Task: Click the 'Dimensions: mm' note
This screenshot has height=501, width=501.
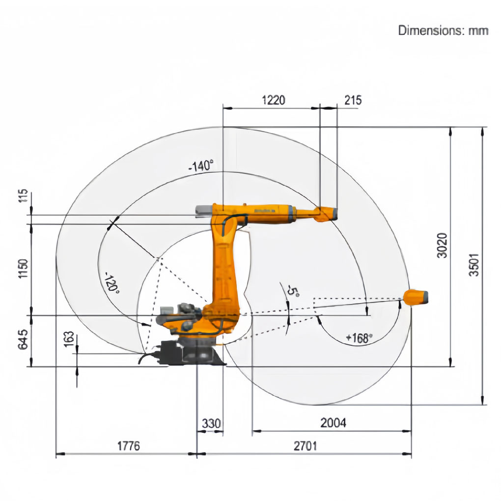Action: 443,30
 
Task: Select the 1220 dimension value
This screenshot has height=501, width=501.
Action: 274,100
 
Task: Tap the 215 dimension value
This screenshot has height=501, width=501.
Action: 353,100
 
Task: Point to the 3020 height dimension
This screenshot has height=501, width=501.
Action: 442,245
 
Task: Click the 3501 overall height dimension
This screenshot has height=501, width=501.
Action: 474,265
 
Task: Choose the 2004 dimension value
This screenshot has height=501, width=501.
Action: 333,423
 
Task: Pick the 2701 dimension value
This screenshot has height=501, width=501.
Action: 306,445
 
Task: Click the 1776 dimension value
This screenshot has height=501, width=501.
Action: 129,445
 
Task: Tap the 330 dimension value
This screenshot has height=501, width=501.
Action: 211,423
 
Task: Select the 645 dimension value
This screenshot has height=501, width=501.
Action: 23,339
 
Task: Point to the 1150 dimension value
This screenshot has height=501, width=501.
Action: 23,268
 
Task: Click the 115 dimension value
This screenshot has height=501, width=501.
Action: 23,195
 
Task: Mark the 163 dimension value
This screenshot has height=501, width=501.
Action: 69,339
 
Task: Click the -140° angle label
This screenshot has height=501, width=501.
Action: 201,166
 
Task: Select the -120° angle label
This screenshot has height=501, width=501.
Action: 112,282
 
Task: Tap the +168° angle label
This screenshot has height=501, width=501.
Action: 360,338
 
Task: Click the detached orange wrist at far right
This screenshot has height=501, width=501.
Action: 416,297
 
